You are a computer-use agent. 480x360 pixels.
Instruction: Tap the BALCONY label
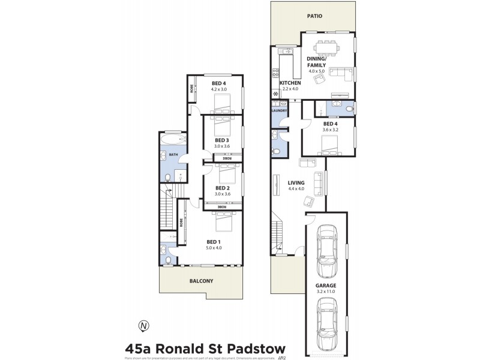[x=201, y=280]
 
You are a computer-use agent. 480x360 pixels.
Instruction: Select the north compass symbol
[x=143, y=326]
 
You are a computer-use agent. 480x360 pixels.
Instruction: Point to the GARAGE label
[x=326, y=286]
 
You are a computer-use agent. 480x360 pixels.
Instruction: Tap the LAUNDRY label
[x=280, y=110]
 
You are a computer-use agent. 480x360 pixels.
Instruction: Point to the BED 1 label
[x=214, y=241]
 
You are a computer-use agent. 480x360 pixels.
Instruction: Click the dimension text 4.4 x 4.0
[x=296, y=189]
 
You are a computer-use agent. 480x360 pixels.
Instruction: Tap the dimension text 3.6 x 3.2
[x=331, y=129]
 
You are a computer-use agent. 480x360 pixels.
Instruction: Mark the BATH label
[x=173, y=155]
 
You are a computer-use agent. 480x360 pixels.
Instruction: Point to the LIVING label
[x=296, y=182]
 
